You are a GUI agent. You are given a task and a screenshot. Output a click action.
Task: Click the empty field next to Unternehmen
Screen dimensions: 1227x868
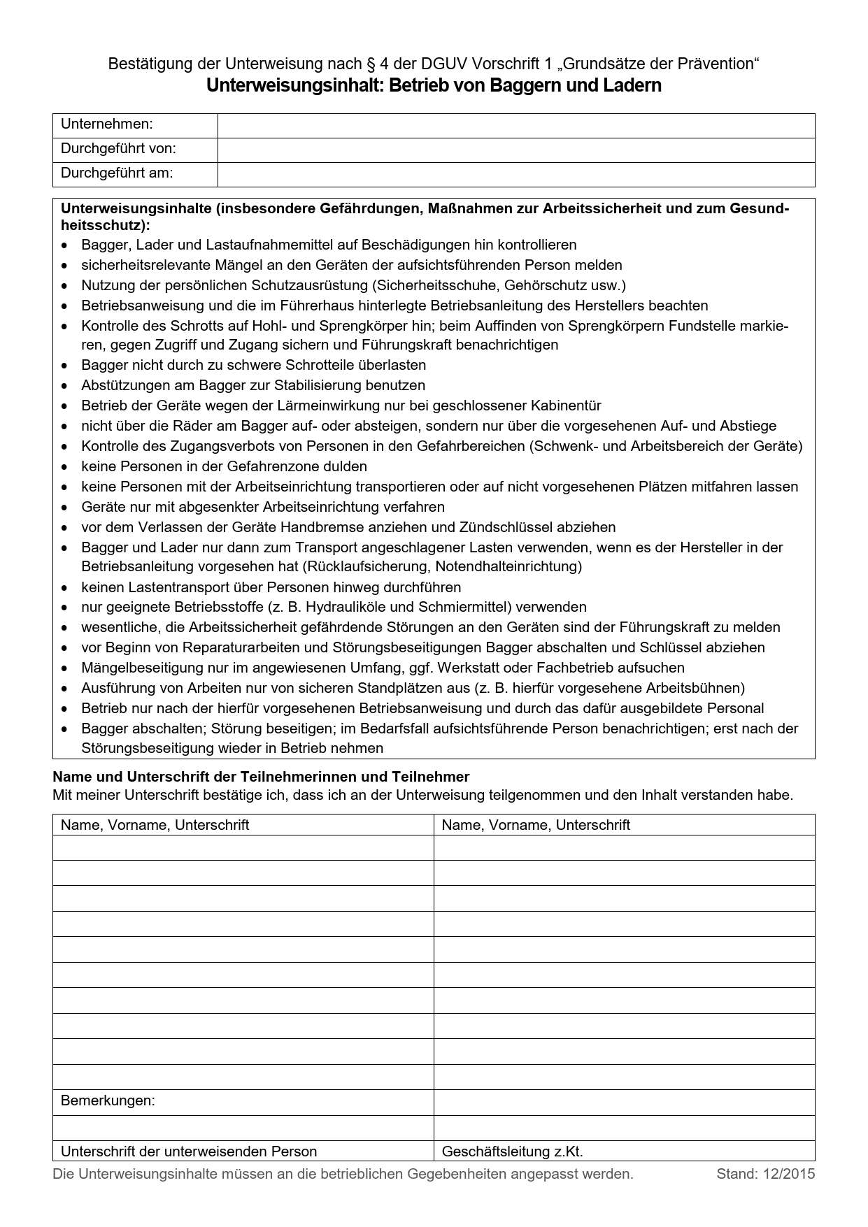tap(516, 125)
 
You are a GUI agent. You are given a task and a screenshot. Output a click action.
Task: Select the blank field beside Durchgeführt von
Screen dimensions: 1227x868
tap(516, 150)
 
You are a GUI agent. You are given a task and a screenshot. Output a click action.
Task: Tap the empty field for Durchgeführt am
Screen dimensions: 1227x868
tap(516, 174)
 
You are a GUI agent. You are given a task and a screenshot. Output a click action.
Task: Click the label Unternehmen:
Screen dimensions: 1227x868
tap(107, 124)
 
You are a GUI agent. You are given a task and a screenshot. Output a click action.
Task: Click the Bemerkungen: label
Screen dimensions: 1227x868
tap(108, 1100)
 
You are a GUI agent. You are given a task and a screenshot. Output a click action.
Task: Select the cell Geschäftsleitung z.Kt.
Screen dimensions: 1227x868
tap(513, 1151)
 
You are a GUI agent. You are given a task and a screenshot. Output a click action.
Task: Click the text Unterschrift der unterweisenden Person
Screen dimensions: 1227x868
tap(189, 1151)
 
